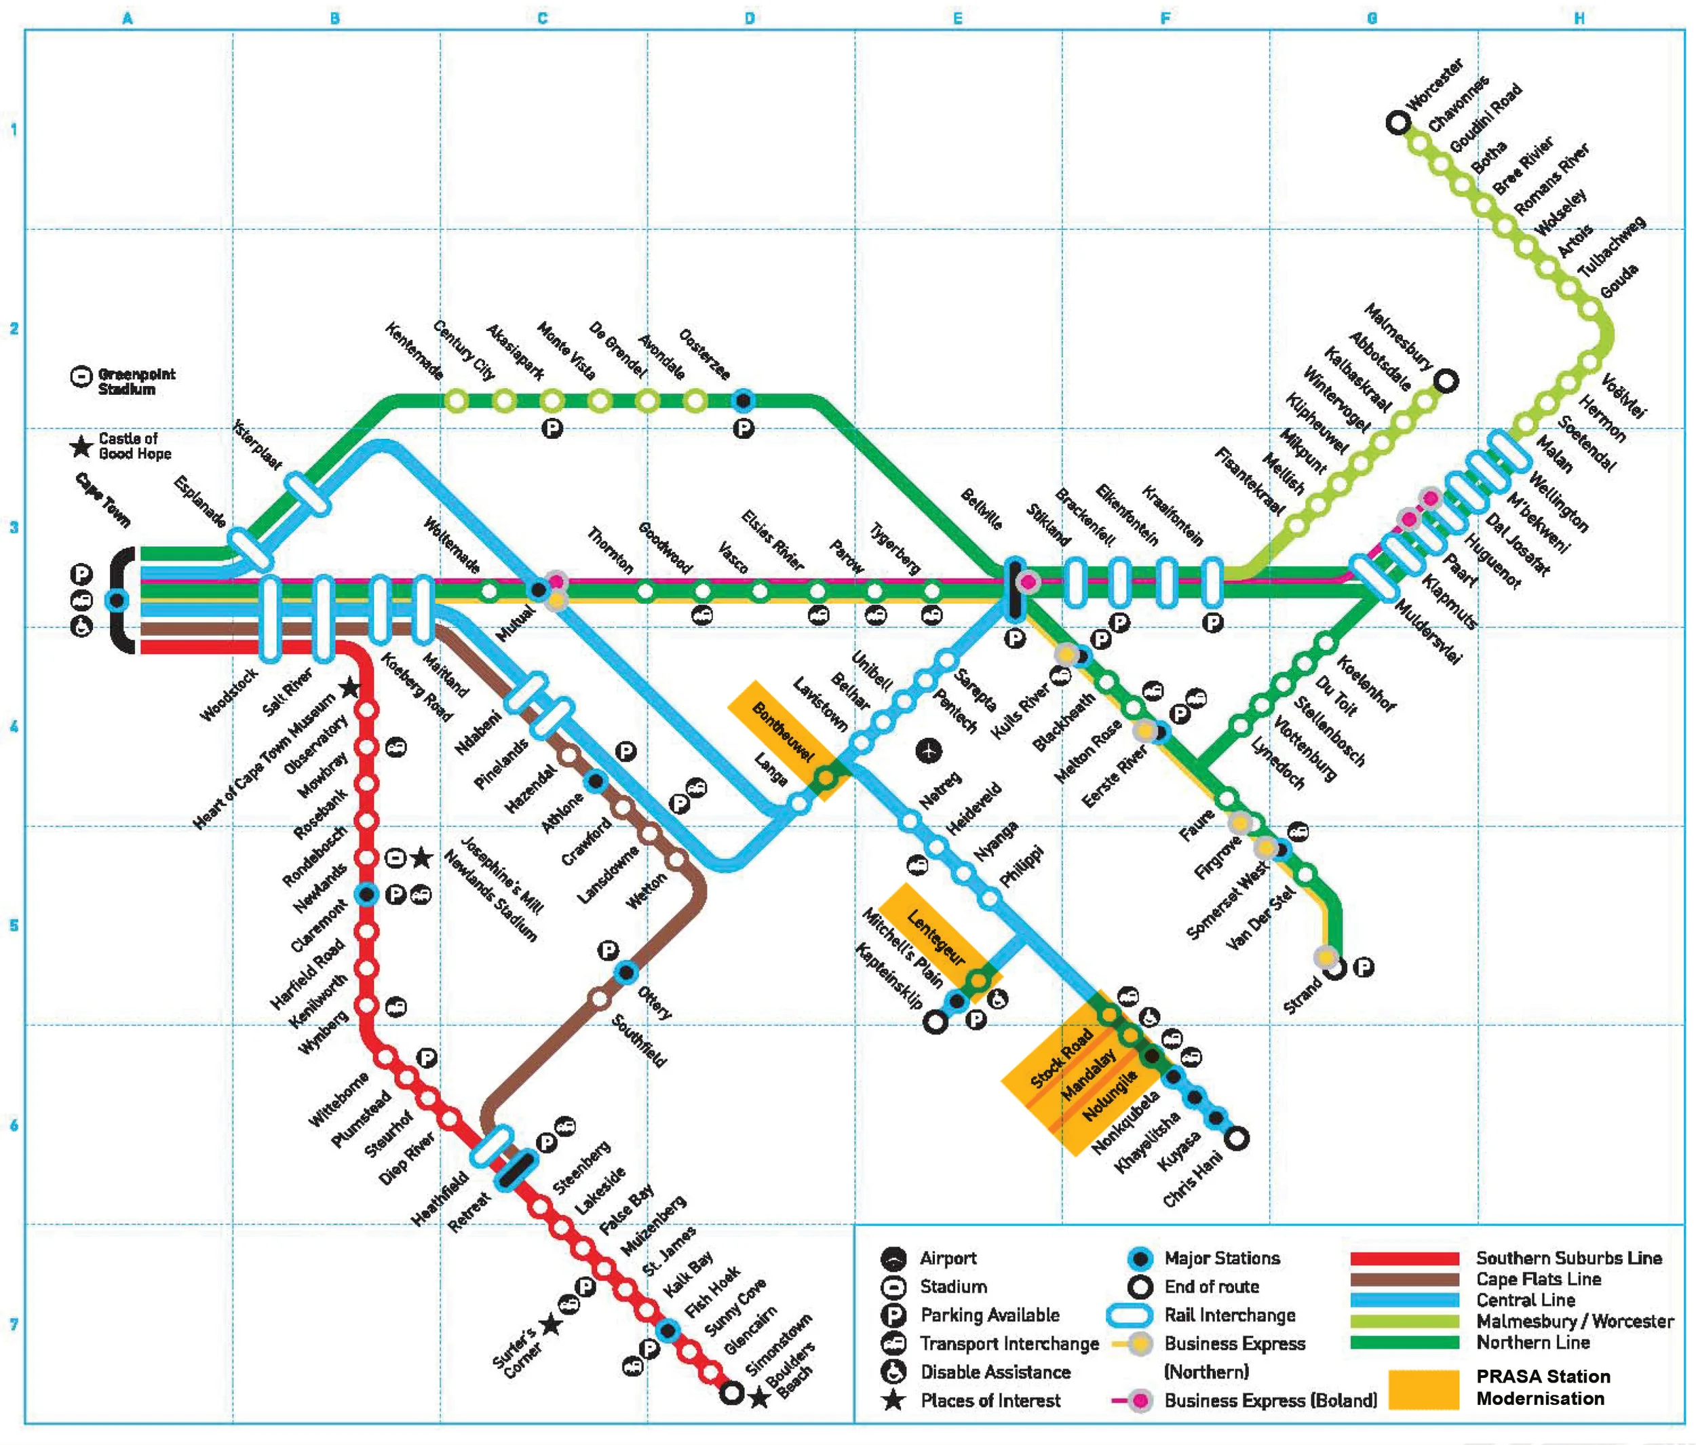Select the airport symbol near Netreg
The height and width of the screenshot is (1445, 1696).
928,750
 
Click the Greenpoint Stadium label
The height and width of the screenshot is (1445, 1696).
136,381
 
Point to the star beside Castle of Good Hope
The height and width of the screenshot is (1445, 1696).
81,447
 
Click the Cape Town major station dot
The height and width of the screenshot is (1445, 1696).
117,601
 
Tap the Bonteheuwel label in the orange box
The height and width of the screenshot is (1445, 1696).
782,732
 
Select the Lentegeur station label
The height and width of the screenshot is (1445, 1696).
936,938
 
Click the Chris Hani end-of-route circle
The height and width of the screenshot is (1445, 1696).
1237,1138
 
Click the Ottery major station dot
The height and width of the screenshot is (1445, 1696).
626,973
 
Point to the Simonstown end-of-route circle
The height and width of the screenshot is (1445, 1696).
732,1393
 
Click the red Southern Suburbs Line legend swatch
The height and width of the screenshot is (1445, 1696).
1404,1258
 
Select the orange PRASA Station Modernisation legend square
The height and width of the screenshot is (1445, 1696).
1423,1389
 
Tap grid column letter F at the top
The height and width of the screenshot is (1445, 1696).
1165,18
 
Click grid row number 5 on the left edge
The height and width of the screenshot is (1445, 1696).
13,925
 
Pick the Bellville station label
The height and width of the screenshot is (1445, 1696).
980,508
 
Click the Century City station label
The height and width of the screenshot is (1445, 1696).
464,351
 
